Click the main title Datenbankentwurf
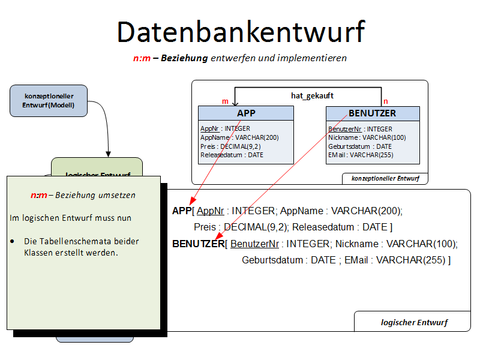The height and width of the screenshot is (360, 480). (x=240, y=32)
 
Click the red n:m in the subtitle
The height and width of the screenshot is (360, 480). (x=142, y=58)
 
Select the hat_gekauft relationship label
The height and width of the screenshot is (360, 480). (x=312, y=95)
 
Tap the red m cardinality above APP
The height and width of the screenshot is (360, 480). (x=225, y=101)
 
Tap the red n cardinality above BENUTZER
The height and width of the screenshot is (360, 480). (x=386, y=101)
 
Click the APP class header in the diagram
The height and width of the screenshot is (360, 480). (x=246, y=113)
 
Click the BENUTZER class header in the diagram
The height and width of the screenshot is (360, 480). (x=372, y=113)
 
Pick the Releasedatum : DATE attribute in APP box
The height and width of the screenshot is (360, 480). (x=232, y=155)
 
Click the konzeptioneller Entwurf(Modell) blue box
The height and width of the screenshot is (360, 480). (x=49, y=100)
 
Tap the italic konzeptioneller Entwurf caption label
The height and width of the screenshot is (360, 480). (x=385, y=178)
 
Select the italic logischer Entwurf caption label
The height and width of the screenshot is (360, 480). (x=414, y=322)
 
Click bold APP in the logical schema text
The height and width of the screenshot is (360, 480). (x=181, y=211)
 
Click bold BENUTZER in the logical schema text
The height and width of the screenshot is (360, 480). (x=198, y=244)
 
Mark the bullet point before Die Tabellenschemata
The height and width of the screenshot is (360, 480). (x=13, y=241)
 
